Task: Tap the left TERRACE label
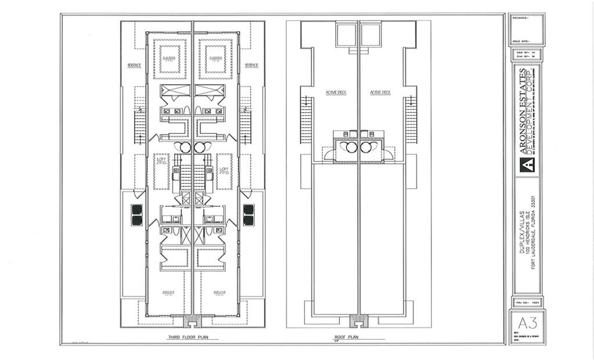tap(135, 66)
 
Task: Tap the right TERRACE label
tap(251, 66)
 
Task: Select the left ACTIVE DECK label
tap(336, 92)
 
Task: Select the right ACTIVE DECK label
tap(381, 92)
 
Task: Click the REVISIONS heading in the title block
tap(521, 19)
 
